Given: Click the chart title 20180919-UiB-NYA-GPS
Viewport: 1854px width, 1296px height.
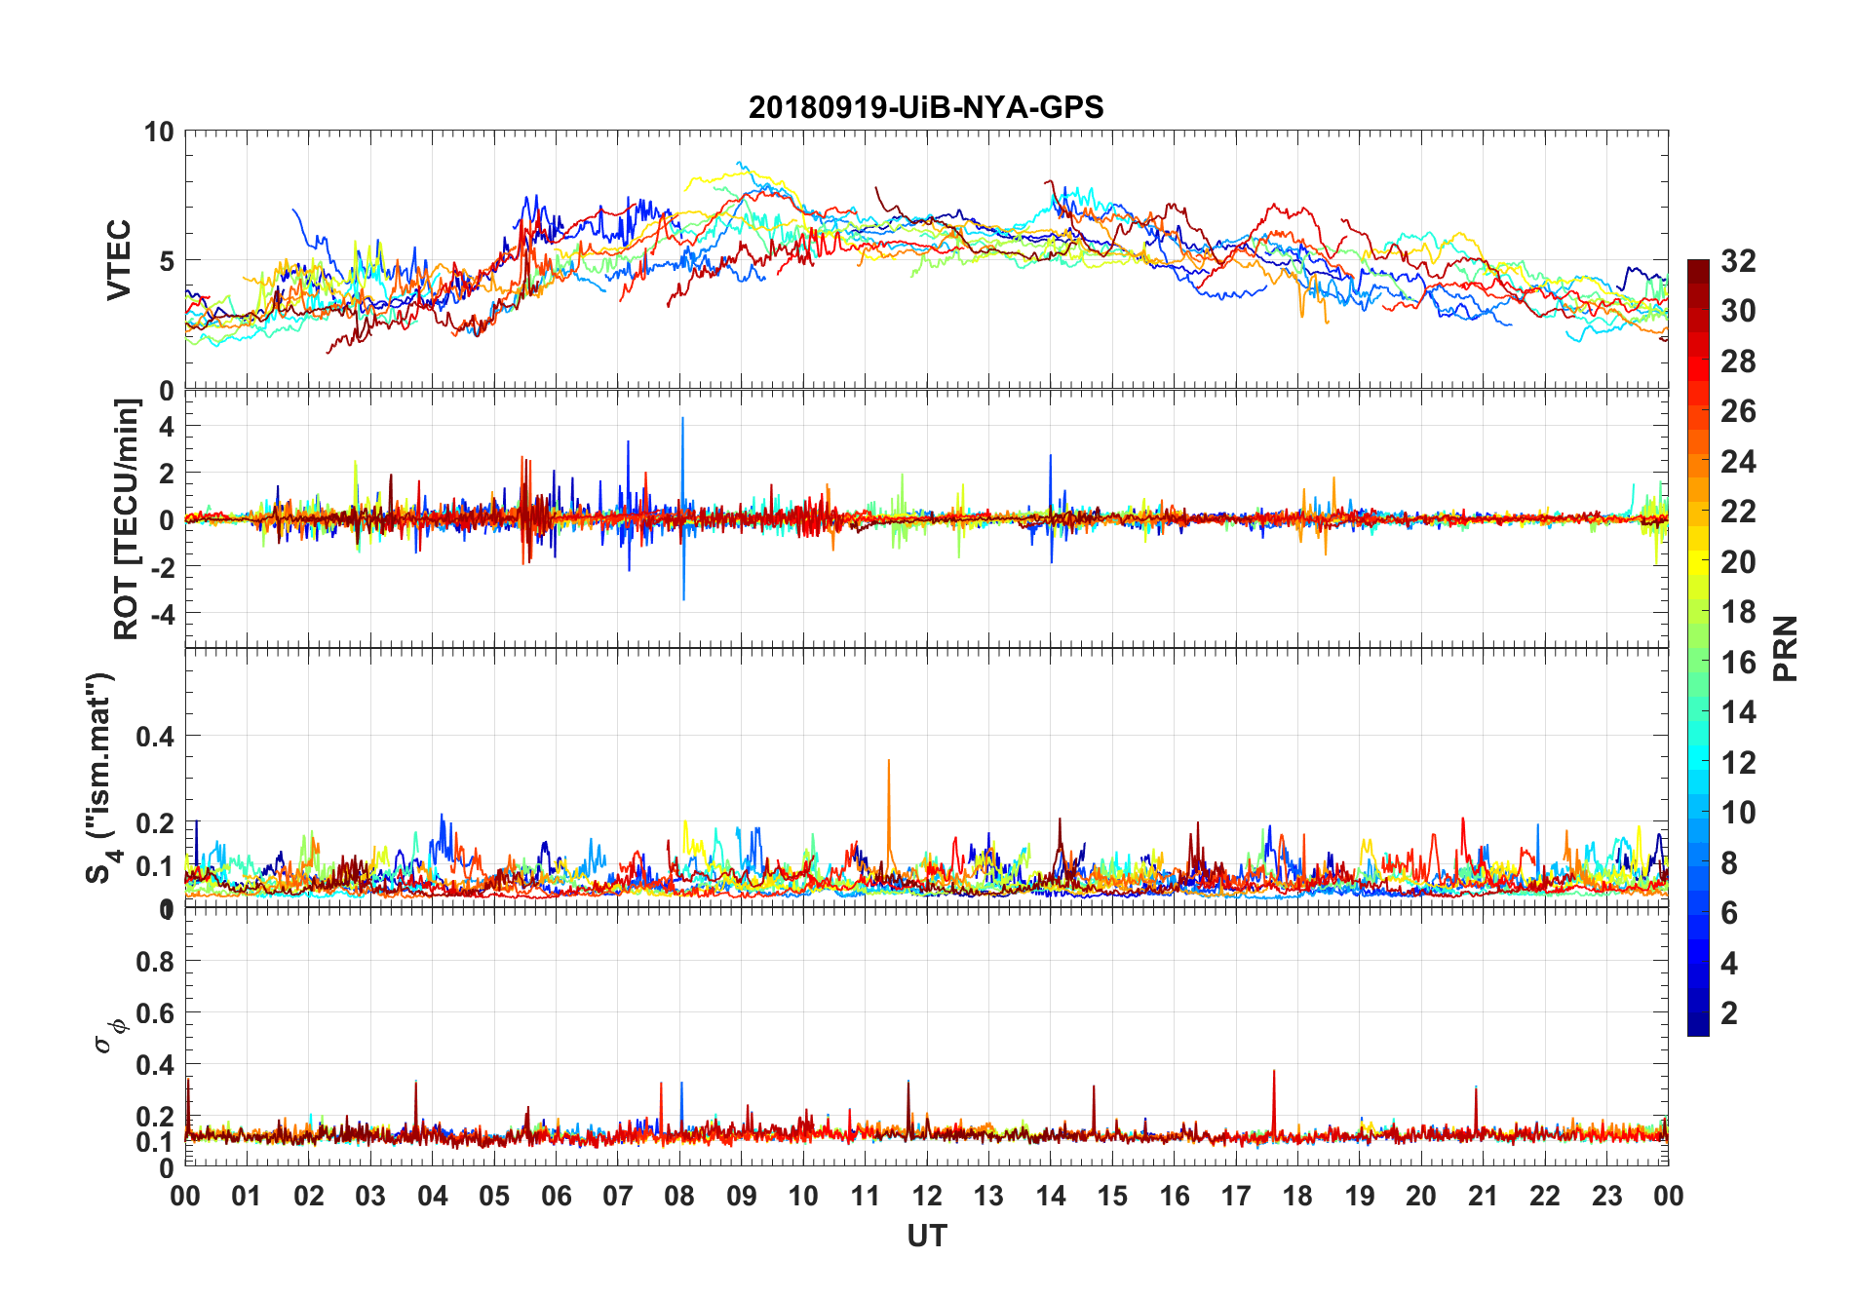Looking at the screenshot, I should tap(926, 107).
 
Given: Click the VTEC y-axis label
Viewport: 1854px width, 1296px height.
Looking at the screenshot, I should tap(119, 259).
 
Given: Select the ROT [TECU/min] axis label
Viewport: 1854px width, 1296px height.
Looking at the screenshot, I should tap(127, 518).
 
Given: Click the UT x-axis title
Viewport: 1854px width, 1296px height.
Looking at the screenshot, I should tap(926, 1237).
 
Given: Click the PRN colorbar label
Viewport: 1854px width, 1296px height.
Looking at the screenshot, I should tap(1786, 648).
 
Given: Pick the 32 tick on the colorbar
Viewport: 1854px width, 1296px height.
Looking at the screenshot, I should tap(1738, 261).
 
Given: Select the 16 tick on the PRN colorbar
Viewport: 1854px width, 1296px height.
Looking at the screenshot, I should tap(1738, 663).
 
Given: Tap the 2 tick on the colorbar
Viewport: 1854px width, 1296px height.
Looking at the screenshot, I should tap(1729, 1013).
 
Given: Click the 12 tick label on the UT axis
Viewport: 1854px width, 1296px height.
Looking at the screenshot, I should tap(927, 1196).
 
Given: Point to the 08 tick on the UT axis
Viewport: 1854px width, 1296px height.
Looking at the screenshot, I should tap(679, 1196).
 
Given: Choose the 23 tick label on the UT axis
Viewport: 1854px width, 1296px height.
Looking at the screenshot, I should tap(1606, 1196).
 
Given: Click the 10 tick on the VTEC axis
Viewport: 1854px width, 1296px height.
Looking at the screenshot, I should tap(159, 133).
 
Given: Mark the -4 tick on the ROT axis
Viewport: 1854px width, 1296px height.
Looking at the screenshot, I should tap(161, 614).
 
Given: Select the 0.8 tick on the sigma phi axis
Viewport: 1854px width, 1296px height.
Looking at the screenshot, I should tap(155, 962).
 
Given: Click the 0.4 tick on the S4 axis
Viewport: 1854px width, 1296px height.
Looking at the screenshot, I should tap(155, 737).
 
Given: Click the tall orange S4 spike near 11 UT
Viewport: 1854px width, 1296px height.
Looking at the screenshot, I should tap(888, 762).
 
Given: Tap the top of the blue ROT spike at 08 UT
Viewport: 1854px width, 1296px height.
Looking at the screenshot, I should tap(682, 419).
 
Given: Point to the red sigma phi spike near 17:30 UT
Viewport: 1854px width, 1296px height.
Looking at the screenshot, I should tap(1273, 1073).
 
